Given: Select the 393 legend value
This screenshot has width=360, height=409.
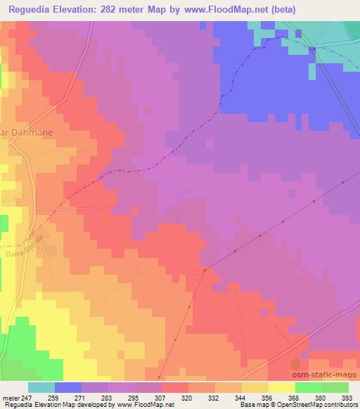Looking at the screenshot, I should click(347, 398).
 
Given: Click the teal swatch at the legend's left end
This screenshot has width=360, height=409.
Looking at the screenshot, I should click(41, 387).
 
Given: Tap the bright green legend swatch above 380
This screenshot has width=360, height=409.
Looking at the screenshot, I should click(308, 387).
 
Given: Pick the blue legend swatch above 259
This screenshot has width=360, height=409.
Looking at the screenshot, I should click(68, 387).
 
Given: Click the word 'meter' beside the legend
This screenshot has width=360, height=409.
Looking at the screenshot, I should click(10, 398).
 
